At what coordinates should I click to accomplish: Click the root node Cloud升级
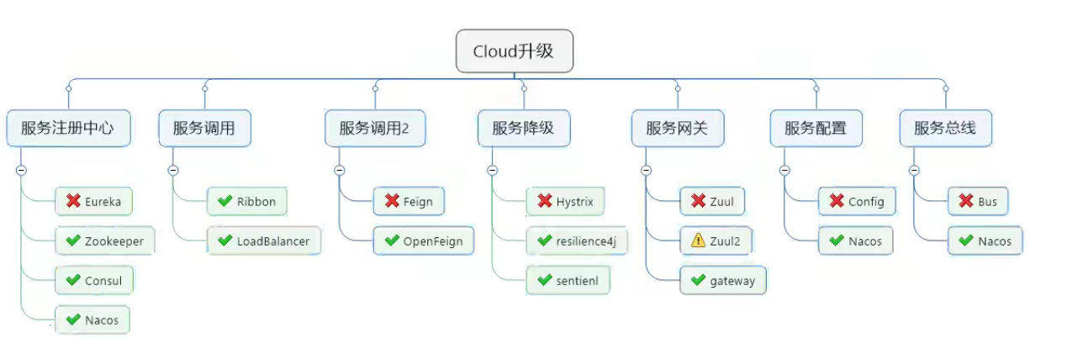coord(514,51)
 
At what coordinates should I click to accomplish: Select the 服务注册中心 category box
coord(68,129)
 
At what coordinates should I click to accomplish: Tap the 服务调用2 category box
coord(374,129)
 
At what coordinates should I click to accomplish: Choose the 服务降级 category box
coord(523,129)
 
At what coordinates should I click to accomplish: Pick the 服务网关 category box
coord(677,129)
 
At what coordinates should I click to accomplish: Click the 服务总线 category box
coord(944,129)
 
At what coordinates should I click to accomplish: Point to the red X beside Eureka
coord(73,201)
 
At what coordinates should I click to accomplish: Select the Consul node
coord(94,281)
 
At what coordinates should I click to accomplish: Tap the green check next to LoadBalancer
coord(224,241)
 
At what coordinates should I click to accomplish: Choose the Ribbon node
coord(246,201)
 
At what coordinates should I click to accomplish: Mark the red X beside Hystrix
coord(544,201)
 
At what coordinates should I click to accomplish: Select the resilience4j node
coord(576,241)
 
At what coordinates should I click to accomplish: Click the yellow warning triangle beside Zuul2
coord(698,241)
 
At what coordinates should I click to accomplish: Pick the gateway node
coord(722,281)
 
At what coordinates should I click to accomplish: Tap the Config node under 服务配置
coord(857,201)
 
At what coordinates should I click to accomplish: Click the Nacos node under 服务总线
coord(985,241)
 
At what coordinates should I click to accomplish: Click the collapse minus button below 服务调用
coord(173,170)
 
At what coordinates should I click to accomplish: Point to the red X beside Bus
coord(966,201)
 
